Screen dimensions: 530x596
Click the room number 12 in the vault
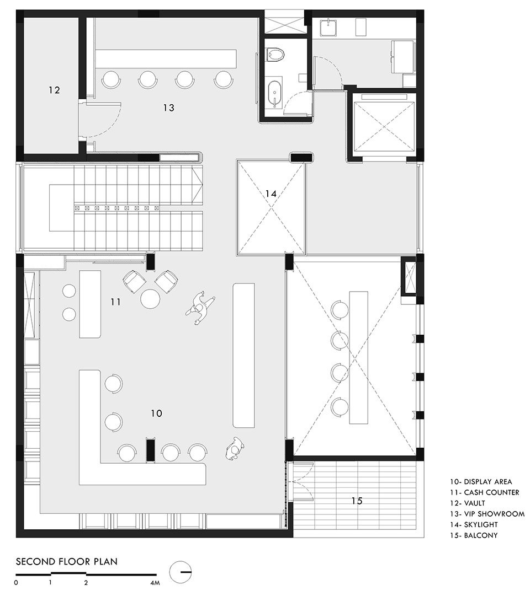55,90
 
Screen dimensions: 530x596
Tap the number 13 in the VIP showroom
169,108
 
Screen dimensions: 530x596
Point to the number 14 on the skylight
271,194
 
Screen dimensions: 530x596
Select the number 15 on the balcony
357,501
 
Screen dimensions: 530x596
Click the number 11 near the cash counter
116,302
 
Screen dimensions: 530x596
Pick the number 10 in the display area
156,413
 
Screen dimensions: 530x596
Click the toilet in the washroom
275,55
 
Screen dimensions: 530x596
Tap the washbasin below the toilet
275,93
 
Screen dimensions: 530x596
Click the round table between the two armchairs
150,299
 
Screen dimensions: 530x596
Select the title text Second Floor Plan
67,561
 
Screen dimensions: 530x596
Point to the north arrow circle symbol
180,572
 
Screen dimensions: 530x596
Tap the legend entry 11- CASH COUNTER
484,492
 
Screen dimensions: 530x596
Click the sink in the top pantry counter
327,28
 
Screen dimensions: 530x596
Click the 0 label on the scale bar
16,583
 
